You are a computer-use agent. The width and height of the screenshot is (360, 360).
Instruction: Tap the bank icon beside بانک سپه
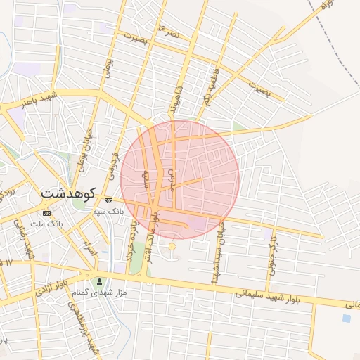tap(108, 200)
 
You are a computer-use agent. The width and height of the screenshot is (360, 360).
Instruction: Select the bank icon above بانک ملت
tap(47, 213)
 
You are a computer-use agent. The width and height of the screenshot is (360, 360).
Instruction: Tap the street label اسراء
tap(89, 246)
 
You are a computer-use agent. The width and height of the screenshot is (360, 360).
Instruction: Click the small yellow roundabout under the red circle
tap(172, 246)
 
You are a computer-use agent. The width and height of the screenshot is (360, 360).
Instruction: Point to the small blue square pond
tap(347, 318)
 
